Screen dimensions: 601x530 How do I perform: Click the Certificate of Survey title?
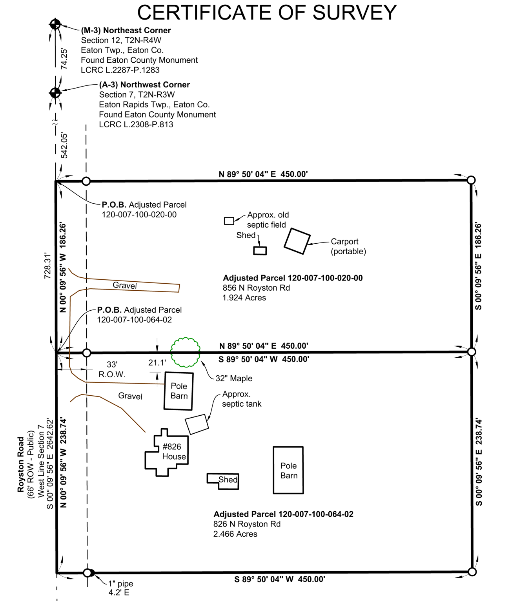267,13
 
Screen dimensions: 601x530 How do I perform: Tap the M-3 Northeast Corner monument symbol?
55,24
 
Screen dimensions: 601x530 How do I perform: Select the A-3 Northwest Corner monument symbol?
55,92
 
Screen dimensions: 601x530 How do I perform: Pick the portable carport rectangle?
297,241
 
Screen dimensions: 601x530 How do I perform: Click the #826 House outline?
167,453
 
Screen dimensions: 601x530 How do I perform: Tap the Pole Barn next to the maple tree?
179,391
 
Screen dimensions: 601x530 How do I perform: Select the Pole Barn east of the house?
288,470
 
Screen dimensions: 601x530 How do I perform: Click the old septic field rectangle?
229,221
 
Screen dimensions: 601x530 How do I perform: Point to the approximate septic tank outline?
197,424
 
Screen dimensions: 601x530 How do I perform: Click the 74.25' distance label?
64,59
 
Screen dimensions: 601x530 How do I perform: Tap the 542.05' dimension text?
64,145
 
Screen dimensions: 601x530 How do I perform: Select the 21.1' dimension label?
157,363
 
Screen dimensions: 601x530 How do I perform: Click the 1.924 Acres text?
244,298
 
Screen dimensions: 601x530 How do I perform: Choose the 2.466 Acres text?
235,534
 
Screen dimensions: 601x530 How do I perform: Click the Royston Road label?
21,464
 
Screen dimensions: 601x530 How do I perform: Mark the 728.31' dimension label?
47,266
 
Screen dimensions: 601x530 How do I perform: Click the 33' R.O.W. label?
112,369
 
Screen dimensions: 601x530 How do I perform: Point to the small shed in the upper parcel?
260,251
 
